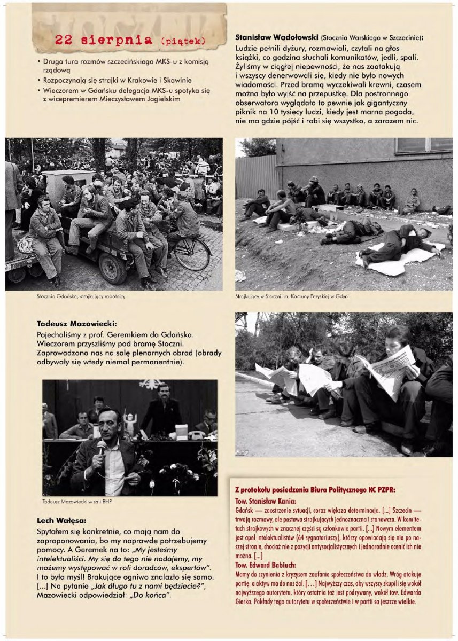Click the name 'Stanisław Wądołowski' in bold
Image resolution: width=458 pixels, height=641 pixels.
coord(277,38)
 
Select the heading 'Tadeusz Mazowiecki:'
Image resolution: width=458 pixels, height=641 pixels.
coord(76,323)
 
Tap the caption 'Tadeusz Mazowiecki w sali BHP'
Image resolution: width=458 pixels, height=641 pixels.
coord(77,501)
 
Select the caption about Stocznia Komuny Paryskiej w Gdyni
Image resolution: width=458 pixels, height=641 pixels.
coord(292,295)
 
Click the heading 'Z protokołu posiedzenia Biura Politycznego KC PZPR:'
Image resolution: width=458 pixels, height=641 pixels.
coord(315,489)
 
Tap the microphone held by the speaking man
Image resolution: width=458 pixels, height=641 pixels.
coord(101,447)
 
